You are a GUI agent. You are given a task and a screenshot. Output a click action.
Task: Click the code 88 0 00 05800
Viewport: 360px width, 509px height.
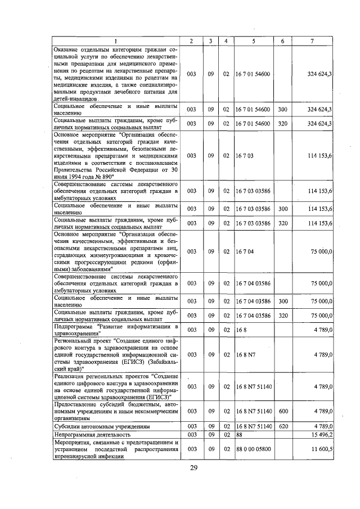click(x=256, y=449)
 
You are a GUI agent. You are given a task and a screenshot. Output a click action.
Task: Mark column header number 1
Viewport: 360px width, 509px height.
click(x=116, y=41)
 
